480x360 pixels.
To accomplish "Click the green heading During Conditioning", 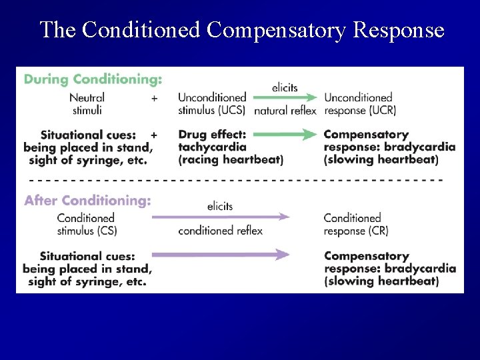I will [93, 79].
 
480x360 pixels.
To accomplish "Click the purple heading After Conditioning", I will [87, 201].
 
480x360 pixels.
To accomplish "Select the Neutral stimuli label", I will [87, 104].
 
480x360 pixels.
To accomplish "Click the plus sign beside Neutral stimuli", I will [154, 97].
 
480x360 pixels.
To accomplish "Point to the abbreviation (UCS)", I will [230, 110].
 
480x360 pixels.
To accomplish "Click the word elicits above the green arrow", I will [285, 87].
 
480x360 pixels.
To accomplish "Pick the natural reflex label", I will [285, 111].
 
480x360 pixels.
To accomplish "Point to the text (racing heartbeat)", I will [231, 160].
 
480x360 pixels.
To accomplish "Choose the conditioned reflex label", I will [220, 231].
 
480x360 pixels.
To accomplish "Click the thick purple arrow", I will [221, 255].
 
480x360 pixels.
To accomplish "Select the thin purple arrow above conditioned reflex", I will [221, 217].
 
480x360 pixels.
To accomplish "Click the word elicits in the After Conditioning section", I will [220, 206].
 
